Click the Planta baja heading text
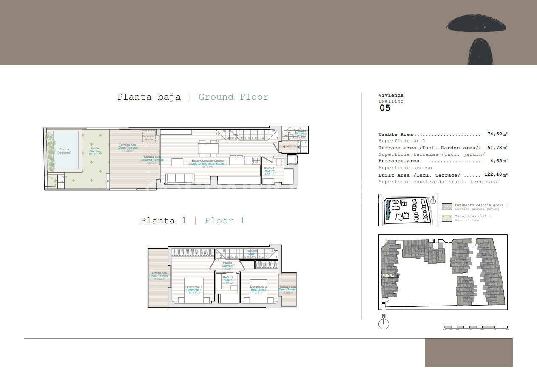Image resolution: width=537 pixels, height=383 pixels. pos(149,97)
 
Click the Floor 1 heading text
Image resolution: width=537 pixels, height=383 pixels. pos(224,221)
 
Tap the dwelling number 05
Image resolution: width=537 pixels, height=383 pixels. pos(385,108)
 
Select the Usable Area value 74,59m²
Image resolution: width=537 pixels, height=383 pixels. pos(497,134)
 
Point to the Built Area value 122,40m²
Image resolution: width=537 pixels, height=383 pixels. pos(496,175)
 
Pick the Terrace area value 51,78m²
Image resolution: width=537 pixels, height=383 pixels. pos(497,148)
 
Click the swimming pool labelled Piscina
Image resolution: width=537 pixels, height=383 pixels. pos(65,150)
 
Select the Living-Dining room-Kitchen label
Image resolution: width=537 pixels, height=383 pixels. pos(208,163)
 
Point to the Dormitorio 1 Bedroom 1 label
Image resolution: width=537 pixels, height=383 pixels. pos(194,290)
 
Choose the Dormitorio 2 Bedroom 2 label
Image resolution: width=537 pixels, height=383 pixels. pos(259,289)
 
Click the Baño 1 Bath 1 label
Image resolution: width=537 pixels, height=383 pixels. pos(228,280)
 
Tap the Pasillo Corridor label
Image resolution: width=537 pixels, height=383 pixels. pos(228,266)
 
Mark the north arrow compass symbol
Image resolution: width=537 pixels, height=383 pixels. pos(384,323)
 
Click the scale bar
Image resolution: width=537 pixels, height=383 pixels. pos(476,328)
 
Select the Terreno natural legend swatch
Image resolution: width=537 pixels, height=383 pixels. pos(447,218)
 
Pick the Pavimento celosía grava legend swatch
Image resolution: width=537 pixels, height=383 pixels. pos(447,207)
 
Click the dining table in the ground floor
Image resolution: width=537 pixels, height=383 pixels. pos(208,149)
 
